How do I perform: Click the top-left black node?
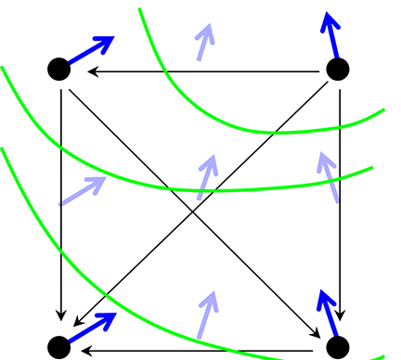pos(58,69)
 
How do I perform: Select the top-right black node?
pos(338,69)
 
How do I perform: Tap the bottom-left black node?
pos(58,347)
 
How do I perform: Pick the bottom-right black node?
pos(338,347)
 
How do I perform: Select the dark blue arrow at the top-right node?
pos(331,35)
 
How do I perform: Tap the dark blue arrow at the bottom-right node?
pos(329,315)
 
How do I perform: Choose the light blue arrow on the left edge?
pos(83,190)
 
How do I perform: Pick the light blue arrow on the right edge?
pos(329,176)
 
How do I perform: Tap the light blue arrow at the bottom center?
pos(206,315)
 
